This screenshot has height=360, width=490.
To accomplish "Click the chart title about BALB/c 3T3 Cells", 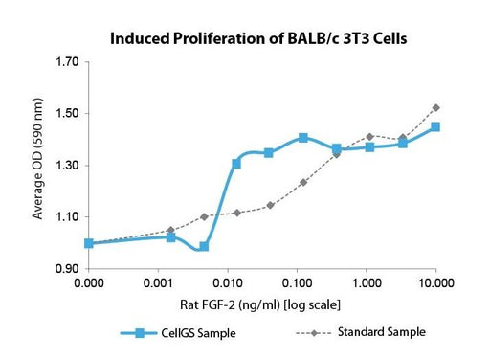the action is [x=258, y=38].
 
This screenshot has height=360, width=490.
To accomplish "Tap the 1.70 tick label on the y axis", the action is [x=67, y=61].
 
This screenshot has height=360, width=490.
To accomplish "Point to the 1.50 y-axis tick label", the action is [x=67, y=113].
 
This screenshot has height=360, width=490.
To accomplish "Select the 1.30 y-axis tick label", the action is [x=67, y=166].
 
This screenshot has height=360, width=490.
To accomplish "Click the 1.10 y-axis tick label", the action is [x=67, y=217].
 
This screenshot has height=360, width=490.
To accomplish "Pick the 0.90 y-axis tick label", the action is [x=67, y=269].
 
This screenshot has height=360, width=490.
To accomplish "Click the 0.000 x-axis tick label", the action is [x=89, y=283].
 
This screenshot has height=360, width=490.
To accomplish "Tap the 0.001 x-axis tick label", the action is [x=158, y=283].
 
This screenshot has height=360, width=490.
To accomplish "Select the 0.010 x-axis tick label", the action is [x=228, y=283].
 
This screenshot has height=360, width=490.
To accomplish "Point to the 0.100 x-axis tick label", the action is [x=297, y=283].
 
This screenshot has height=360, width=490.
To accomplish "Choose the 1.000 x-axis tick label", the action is [x=367, y=283].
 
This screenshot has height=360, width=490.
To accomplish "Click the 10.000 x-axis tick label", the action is [x=436, y=283].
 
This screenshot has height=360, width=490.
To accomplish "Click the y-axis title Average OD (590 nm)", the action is [x=37, y=159].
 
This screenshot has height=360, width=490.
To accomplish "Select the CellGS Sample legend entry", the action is [x=178, y=333].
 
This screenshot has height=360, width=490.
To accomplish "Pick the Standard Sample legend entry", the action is [x=361, y=332].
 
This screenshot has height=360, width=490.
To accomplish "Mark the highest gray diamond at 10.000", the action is [x=436, y=108].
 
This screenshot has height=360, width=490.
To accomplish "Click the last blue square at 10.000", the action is [x=435, y=127].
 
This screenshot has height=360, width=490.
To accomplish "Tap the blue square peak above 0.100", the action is [x=303, y=138].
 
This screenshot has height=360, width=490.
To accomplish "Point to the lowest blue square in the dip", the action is [x=204, y=246].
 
